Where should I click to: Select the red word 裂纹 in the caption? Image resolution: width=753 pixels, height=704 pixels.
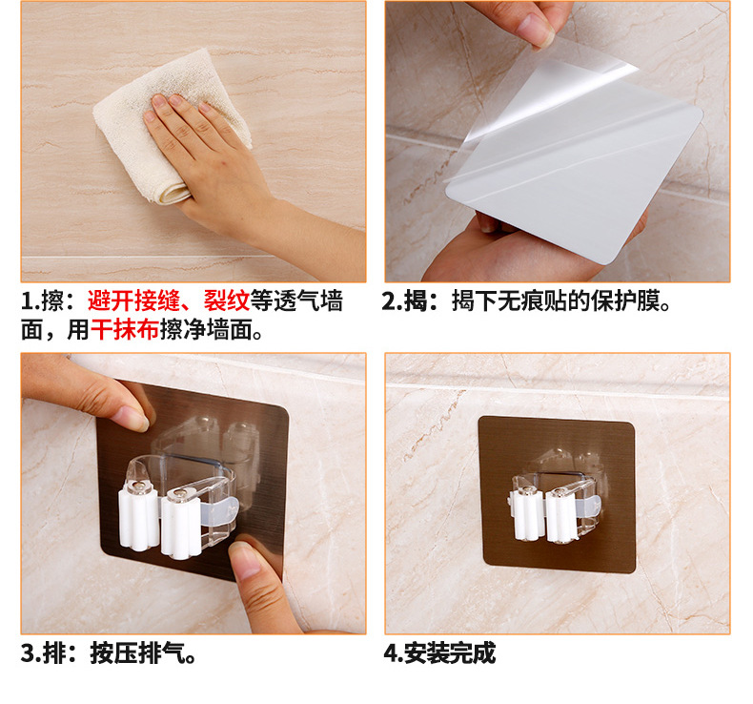227,301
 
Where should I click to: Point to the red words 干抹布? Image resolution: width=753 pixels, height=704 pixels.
125,330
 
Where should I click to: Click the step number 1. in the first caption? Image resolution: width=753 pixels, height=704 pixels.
31,301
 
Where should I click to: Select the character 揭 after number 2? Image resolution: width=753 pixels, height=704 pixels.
415,301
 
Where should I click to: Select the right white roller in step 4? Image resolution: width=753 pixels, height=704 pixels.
561,517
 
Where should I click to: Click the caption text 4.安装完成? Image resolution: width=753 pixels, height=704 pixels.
439,653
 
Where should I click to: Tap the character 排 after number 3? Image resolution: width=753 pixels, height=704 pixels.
54,653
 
